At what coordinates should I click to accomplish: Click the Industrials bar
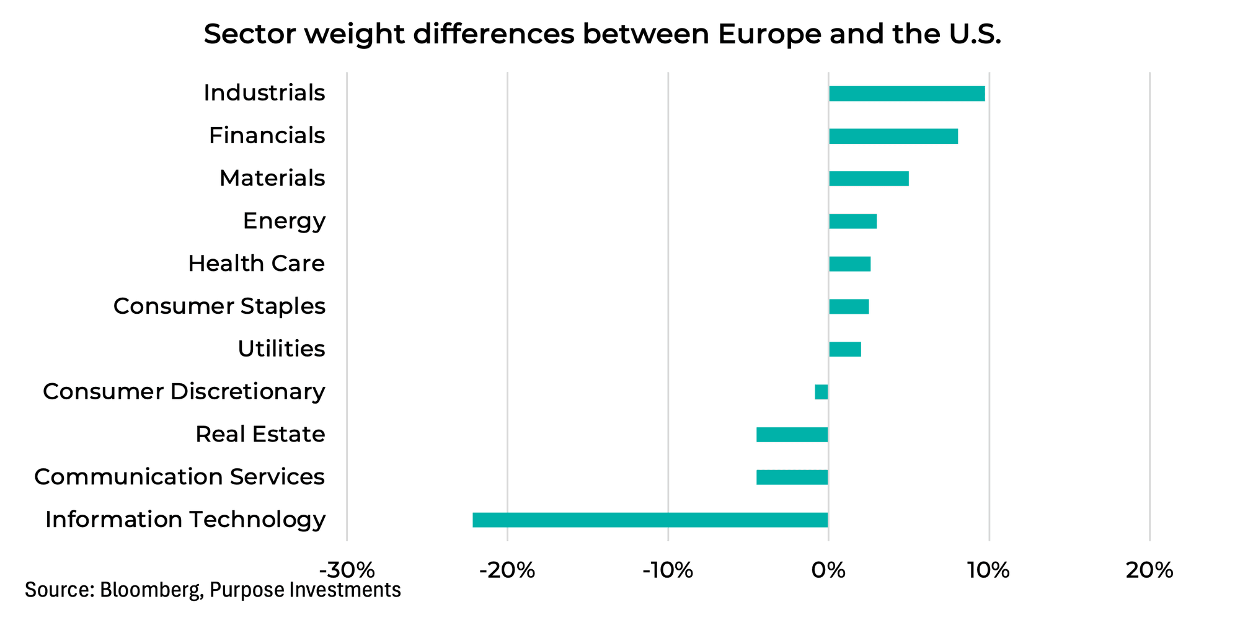pyautogui.click(x=906, y=94)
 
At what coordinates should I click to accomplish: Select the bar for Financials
pyautogui.click(x=893, y=136)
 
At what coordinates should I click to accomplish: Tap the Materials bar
pyautogui.click(x=869, y=179)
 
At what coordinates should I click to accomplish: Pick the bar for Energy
pyautogui.click(x=852, y=221)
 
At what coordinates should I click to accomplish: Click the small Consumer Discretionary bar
pyautogui.click(x=821, y=392)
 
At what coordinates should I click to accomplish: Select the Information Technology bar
pyautogui.click(x=650, y=520)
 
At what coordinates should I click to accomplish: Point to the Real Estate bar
pyautogui.click(x=792, y=435)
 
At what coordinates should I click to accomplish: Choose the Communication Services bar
pyautogui.click(x=792, y=477)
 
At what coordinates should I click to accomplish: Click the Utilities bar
pyautogui.click(x=844, y=349)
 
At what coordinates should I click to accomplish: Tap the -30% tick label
pyautogui.click(x=347, y=570)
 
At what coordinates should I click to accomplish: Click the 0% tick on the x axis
pyautogui.click(x=828, y=570)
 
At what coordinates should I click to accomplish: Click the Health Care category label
pyautogui.click(x=256, y=264)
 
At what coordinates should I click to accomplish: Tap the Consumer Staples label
pyautogui.click(x=219, y=306)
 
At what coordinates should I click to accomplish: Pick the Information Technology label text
pyautogui.click(x=185, y=520)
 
